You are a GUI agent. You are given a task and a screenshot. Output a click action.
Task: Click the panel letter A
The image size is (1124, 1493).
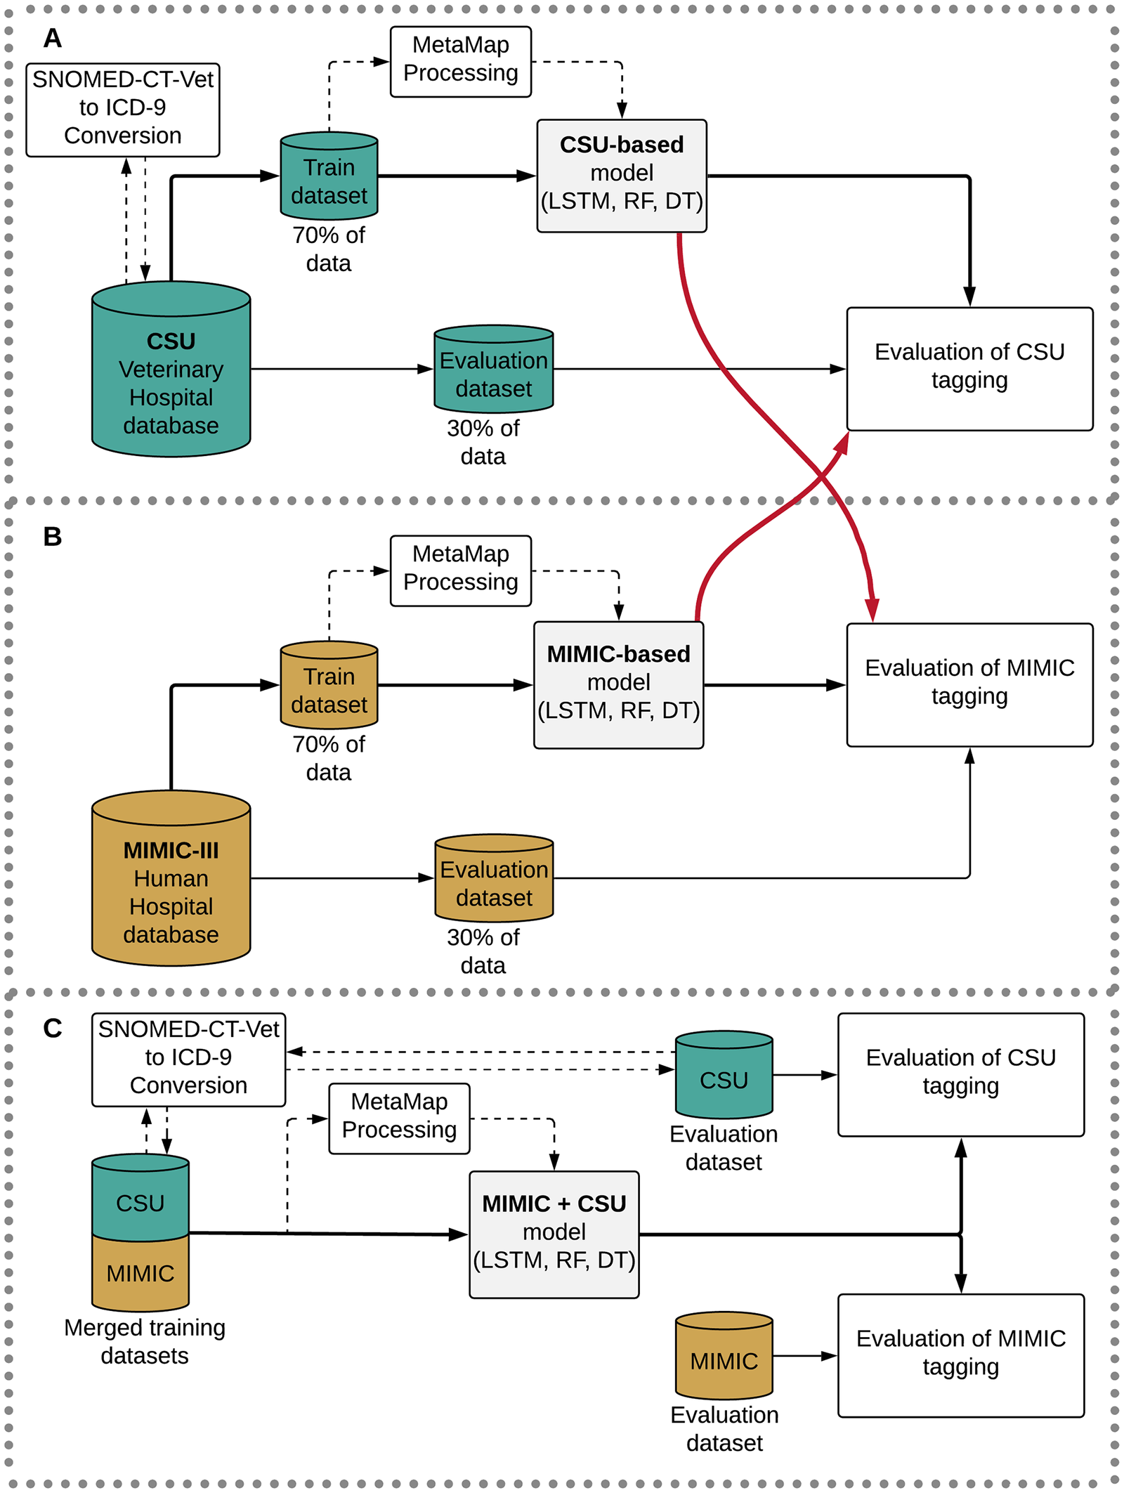tap(53, 38)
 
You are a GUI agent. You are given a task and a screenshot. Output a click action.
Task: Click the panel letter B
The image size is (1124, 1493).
tap(53, 537)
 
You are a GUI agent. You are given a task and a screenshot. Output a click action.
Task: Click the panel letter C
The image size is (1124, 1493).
tap(53, 1029)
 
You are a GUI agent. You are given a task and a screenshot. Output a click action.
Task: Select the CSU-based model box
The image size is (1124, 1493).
tap(622, 176)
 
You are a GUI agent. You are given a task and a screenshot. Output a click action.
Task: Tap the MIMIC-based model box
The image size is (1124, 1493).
tap(618, 684)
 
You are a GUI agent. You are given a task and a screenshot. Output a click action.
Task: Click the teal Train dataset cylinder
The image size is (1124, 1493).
tap(329, 179)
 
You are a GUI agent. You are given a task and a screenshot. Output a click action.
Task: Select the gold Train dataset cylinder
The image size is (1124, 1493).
tap(329, 689)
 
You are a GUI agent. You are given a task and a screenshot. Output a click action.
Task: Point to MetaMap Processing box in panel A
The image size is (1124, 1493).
tap(460, 61)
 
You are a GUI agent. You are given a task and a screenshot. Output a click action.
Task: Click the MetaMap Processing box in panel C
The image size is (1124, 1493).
tap(399, 1118)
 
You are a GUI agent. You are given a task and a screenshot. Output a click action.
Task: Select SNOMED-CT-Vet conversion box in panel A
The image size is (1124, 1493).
tap(122, 110)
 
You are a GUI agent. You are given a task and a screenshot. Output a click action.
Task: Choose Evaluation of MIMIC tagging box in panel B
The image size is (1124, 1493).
tap(969, 684)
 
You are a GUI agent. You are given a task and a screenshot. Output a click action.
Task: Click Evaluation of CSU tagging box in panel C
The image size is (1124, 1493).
tap(960, 1074)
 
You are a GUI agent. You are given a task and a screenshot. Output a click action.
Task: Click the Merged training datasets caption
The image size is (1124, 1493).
tap(144, 1341)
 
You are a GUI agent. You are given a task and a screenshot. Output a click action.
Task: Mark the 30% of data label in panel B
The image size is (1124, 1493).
tap(483, 951)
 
